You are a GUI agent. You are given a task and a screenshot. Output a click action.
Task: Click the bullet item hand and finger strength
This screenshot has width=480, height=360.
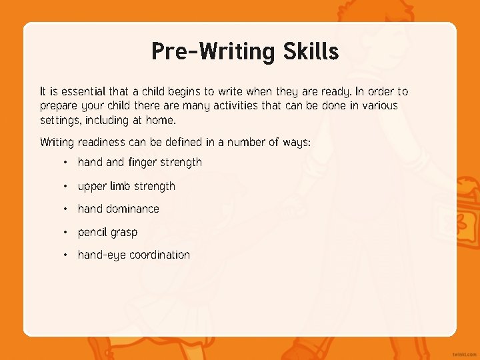(139, 162)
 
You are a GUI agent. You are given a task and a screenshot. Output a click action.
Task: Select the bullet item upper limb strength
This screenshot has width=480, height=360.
(126, 186)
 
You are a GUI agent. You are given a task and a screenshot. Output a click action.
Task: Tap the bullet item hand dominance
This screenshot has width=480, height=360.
(118, 209)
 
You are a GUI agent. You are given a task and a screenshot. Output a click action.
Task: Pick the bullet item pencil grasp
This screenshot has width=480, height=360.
(107, 233)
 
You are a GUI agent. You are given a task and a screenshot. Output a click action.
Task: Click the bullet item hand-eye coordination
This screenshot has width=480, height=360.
(133, 255)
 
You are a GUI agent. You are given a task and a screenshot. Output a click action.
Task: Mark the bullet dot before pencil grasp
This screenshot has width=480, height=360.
(65, 232)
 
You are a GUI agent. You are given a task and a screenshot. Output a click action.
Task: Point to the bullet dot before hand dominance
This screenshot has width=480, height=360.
(65, 209)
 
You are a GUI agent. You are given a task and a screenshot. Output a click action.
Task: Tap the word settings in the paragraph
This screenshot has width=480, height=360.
(58, 120)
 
